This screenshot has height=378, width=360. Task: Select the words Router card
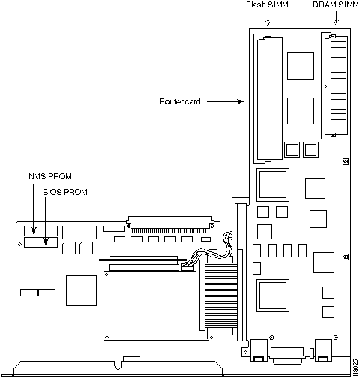coord(179,101)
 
